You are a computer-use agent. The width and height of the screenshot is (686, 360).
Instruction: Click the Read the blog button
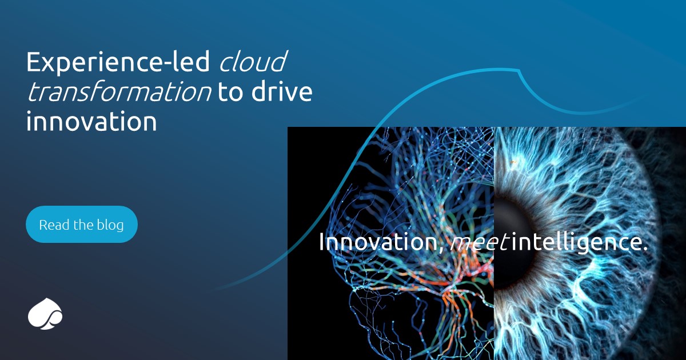tap(81, 225)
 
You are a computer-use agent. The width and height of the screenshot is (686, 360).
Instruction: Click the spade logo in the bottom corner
tap(45, 314)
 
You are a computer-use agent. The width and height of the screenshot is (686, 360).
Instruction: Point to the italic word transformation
tap(119, 93)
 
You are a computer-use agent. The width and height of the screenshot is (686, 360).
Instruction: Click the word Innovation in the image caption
tap(378, 242)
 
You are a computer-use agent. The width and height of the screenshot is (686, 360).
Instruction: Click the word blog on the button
tap(111, 225)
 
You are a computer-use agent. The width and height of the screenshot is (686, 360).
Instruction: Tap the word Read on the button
tap(51, 225)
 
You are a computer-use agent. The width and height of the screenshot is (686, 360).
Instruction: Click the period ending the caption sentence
tap(645, 249)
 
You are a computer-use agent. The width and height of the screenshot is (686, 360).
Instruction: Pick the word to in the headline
tap(231, 93)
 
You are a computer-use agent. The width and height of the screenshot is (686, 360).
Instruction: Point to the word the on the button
tap(82, 225)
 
